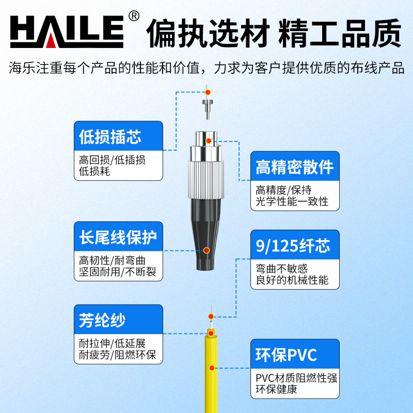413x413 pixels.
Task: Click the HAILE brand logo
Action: [67, 31]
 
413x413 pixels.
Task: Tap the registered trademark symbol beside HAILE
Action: [134, 17]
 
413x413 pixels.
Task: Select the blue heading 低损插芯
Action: [110, 137]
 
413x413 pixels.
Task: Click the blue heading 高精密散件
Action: [295, 167]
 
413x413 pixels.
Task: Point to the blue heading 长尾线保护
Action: [118, 237]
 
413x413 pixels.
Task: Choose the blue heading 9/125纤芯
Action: [293, 246]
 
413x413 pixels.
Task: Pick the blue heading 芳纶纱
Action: [102, 320]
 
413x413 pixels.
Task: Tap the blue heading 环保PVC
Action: [286, 355]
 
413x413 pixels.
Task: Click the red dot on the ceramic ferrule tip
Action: [208, 92]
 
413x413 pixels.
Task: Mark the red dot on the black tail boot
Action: [206, 250]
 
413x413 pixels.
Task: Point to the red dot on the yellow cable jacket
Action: [212, 368]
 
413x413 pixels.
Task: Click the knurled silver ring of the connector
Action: [206, 180]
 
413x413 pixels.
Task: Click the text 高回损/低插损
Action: [112, 160]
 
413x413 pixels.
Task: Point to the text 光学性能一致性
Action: [292, 202]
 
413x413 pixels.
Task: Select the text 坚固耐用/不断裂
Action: [118, 272]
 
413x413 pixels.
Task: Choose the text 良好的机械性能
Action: [292, 280]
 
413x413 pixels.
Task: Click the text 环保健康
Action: [276, 389]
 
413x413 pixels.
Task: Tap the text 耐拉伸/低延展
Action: [112, 343]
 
